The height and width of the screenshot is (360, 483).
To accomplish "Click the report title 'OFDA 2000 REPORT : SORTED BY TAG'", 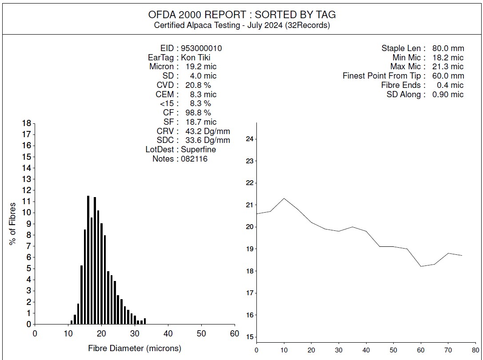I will click(242, 15).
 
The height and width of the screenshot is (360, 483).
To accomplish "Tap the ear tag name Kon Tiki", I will click(196, 57).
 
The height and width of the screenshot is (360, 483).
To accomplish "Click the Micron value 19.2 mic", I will click(201, 67).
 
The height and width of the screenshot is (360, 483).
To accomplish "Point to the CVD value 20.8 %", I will click(198, 85).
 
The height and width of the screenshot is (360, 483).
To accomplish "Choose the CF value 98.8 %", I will click(198, 113).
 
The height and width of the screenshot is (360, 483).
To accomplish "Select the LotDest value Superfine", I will click(198, 150).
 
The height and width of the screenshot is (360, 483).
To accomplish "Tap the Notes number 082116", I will click(194, 159).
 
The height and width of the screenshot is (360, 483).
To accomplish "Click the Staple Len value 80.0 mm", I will click(447, 48).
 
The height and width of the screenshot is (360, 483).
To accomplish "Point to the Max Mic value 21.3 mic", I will click(447, 67).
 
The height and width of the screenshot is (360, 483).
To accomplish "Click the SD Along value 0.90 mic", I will click(447, 95).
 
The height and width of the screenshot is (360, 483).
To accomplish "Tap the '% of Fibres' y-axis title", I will click(13, 224).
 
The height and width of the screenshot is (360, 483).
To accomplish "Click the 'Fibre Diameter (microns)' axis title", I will click(135, 348).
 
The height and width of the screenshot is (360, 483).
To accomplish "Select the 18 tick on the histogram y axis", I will click(26, 123).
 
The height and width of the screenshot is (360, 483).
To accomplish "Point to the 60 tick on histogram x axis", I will click(234, 334).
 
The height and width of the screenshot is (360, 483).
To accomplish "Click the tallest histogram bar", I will click(88, 260).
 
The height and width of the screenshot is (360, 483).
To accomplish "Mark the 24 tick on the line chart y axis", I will click(249, 139).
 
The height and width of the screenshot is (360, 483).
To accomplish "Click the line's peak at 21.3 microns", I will click(284, 198).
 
